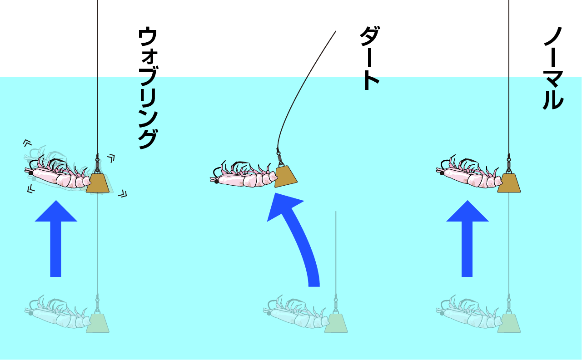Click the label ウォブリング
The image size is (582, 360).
pyautogui.click(x=148, y=88)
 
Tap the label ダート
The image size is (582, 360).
pyautogui.click(x=370, y=58)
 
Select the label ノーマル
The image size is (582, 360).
pyautogui.click(x=553, y=69)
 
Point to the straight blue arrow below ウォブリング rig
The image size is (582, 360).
pyautogui.click(x=56, y=239)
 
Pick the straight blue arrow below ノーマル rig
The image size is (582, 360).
pyautogui.click(x=467, y=239)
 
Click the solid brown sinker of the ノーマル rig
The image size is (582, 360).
pyautogui.click(x=509, y=183)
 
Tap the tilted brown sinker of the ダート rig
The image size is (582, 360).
pyautogui.click(x=285, y=177)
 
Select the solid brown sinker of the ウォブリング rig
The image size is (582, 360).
pyautogui.click(x=97, y=183)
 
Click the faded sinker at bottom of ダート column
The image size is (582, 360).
pyautogui.click(x=336, y=323)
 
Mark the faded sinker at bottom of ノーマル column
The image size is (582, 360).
pyautogui.click(x=509, y=323)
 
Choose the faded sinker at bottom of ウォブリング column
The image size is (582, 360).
pyautogui.click(x=97, y=323)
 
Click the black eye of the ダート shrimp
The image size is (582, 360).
pyautogui.click(x=216, y=182)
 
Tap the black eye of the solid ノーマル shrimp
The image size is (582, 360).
pyautogui.click(x=442, y=173)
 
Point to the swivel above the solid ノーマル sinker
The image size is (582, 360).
pyautogui.click(x=509, y=164)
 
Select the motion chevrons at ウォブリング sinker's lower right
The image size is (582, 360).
pyautogui.click(x=123, y=194)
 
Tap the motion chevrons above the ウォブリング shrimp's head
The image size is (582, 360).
pyautogui.click(x=27, y=143)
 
